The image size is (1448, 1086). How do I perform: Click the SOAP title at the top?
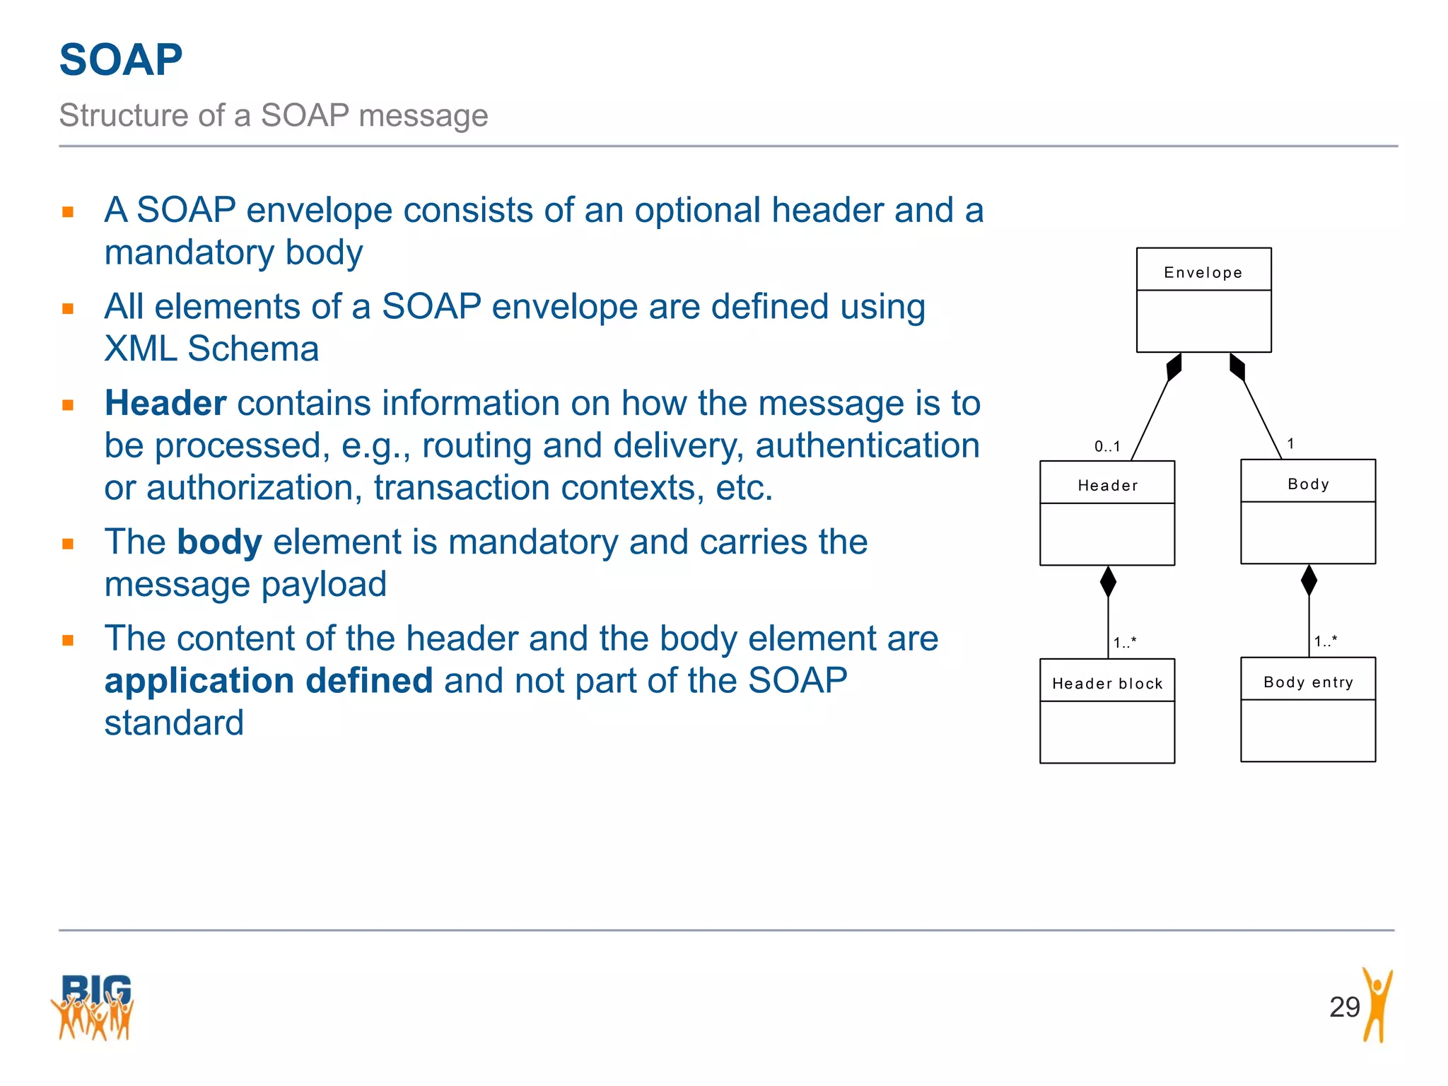coord(121,59)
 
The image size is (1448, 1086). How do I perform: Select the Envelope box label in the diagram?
coord(1203,273)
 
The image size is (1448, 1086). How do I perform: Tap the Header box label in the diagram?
coord(1107,486)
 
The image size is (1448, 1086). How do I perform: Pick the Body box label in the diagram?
coord(1308,484)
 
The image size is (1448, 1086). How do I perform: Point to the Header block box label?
coord(1107,684)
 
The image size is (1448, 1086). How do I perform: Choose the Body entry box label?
coord(1308,682)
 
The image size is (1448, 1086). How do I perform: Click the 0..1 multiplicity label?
coord(1107,446)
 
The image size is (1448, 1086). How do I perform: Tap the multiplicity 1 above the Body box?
coord(1290,444)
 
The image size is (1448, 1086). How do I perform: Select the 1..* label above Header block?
coord(1125,643)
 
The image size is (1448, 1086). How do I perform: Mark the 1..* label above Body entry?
coord(1326,641)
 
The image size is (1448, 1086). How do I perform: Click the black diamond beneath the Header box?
coord(1108,582)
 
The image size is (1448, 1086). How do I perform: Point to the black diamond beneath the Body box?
coord(1309,580)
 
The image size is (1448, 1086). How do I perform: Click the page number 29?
coord(1344,1007)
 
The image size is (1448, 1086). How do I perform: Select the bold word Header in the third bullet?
coord(165,404)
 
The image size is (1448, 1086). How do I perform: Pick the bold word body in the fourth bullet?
coord(219,542)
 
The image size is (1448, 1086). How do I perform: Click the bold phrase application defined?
coord(269,681)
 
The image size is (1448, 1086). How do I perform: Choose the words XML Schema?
coord(211,349)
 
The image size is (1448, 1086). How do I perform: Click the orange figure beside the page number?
coord(1377,1004)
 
